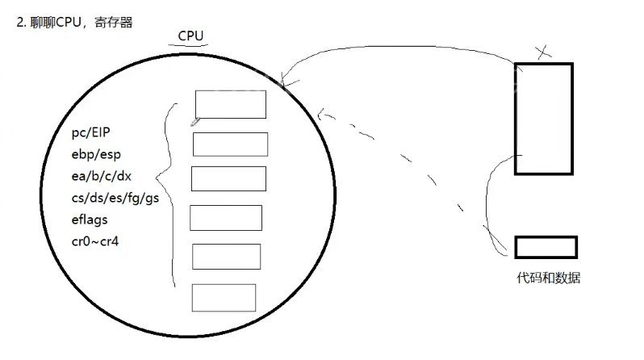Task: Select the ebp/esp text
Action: tap(98, 153)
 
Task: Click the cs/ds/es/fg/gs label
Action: tap(115, 198)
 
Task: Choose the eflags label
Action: tap(90, 219)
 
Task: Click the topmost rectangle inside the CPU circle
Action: tap(231, 104)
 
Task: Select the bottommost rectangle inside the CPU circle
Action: tap(224, 297)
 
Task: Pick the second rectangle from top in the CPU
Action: tap(230, 144)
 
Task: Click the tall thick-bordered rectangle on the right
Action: tap(543, 119)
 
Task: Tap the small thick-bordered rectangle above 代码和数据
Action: tap(546, 246)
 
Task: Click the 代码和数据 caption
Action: tap(548, 278)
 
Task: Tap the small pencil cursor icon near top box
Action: tap(194, 122)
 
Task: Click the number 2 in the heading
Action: tap(19, 22)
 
